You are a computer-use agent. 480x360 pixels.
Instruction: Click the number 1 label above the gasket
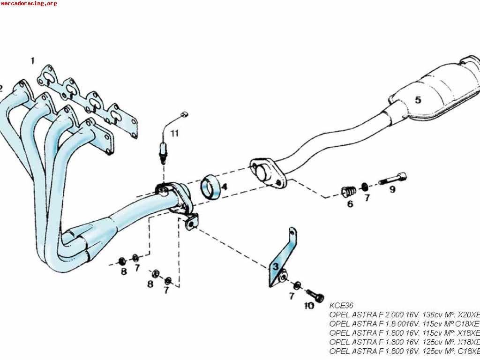pyautogui.click(x=32, y=60)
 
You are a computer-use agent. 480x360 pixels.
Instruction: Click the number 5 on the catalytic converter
pyautogui.click(x=418, y=100)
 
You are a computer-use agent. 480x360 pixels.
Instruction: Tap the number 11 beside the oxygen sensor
pyautogui.click(x=174, y=133)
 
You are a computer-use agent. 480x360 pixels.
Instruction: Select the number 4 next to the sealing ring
pyautogui.click(x=225, y=187)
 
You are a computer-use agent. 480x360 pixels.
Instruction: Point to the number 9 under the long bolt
pyautogui.click(x=392, y=189)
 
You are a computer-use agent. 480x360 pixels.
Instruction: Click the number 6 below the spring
pyautogui.click(x=350, y=204)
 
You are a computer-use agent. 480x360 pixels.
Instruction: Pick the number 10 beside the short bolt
pyautogui.click(x=309, y=306)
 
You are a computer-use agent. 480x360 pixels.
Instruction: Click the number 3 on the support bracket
pyautogui.click(x=276, y=267)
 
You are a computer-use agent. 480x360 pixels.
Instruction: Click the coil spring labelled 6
pyautogui.click(x=349, y=191)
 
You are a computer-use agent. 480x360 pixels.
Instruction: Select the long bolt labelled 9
pyautogui.click(x=393, y=179)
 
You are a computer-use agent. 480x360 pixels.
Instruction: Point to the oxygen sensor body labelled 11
pyautogui.click(x=163, y=151)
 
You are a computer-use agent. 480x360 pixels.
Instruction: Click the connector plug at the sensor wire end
pyautogui.click(x=184, y=114)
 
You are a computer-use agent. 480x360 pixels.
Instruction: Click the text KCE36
pyautogui.click(x=341, y=305)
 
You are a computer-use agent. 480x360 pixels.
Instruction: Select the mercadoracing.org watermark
pyautogui.click(x=29, y=3)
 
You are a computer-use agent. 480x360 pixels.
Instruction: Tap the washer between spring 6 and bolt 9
pyautogui.click(x=365, y=187)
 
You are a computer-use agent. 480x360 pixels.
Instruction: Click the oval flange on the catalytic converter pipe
pyautogui.click(x=268, y=173)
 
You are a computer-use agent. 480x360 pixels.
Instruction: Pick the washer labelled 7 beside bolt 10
pyautogui.click(x=297, y=286)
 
